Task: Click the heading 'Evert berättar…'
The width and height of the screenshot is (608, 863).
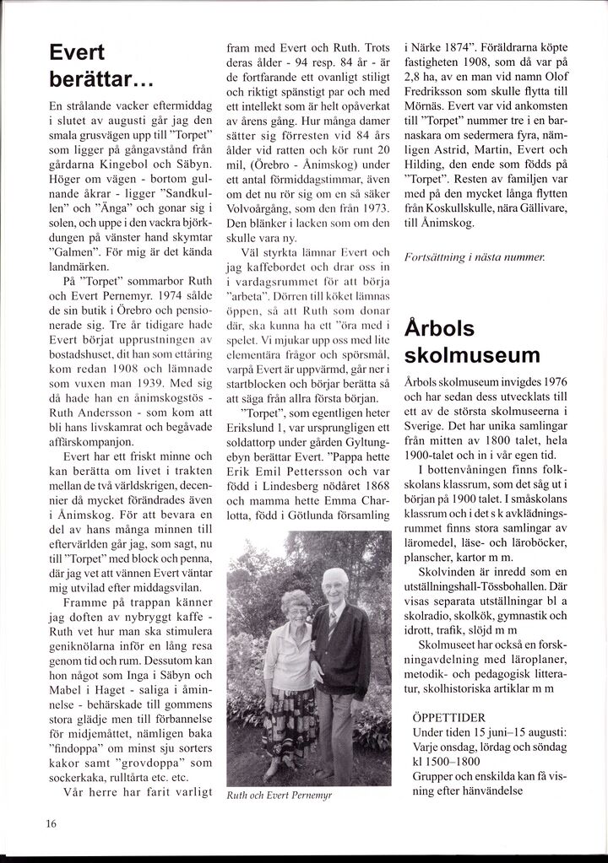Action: (100, 68)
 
